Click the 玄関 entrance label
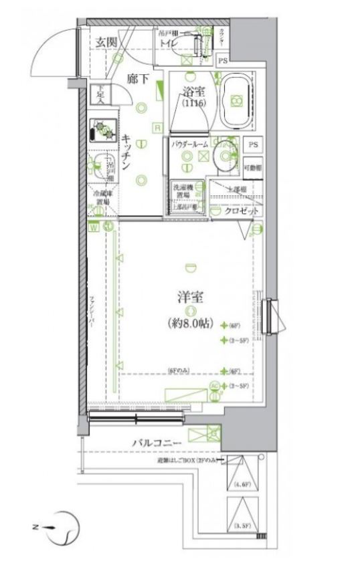[x=106, y=41]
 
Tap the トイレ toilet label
[x=167, y=45]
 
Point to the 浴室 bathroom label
[x=191, y=94]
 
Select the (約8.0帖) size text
[x=191, y=324]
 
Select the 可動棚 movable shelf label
[x=252, y=166]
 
